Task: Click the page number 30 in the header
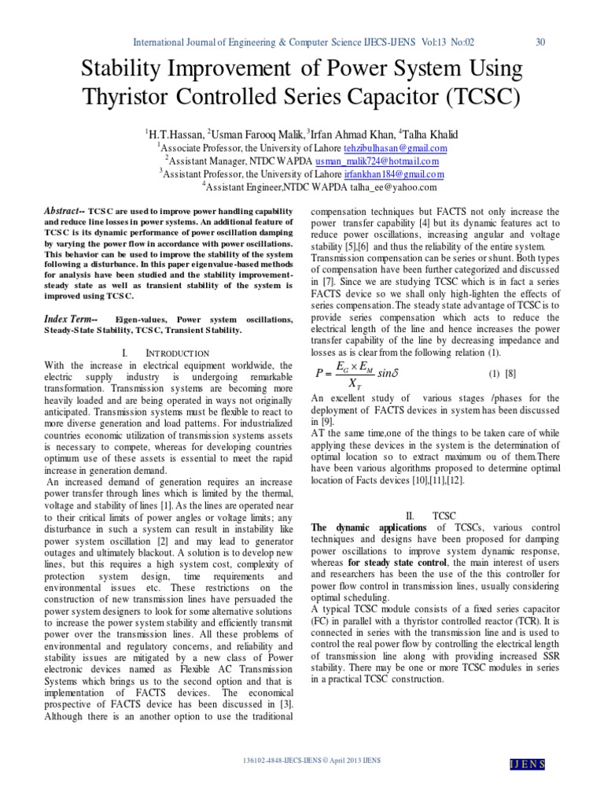[x=540, y=43]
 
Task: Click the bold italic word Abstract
[x=62, y=212]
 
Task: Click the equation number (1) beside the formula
[x=495, y=373]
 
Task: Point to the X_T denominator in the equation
[x=344, y=383]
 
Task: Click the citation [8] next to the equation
[x=511, y=373]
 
